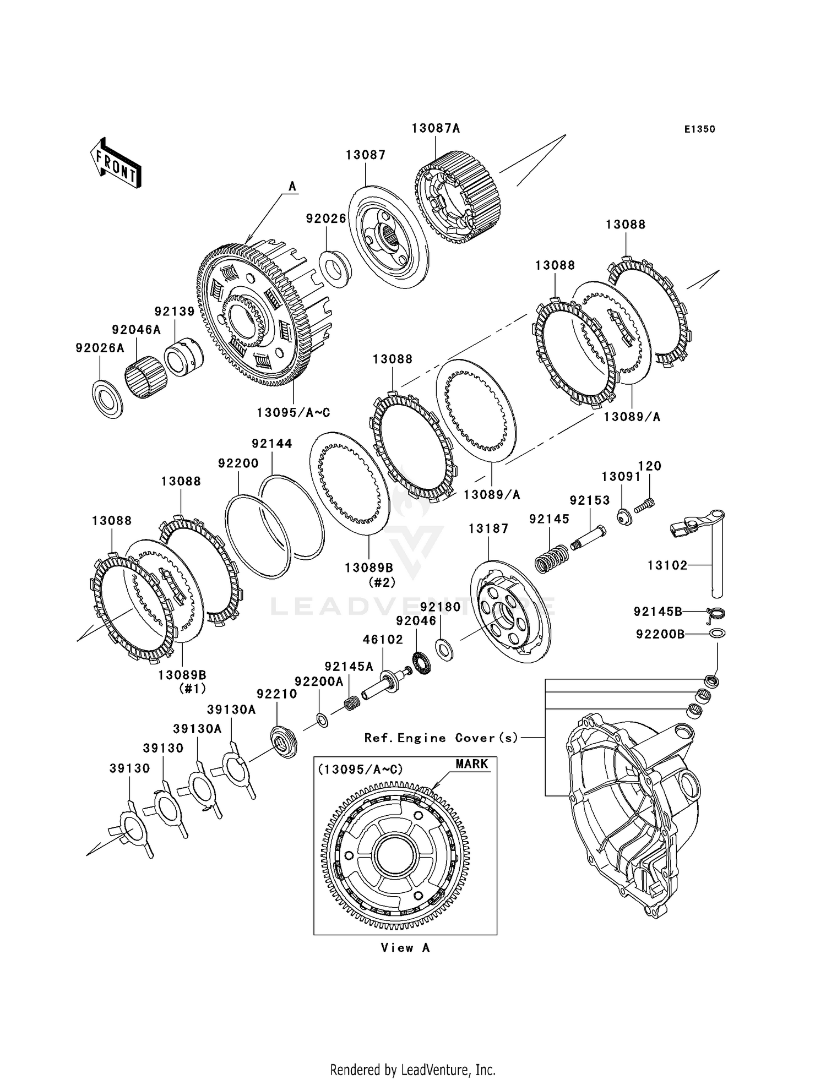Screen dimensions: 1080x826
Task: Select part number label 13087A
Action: (x=436, y=128)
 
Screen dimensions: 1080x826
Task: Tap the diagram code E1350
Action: (x=699, y=129)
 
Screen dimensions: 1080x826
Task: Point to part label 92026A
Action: (x=100, y=348)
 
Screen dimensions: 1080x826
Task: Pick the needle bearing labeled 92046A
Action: (x=146, y=379)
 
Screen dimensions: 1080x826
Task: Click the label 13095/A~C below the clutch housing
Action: (x=294, y=412)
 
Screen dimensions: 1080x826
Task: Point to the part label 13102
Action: (x=667, y=565)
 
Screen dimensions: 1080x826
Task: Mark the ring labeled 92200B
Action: (x=718, y=634)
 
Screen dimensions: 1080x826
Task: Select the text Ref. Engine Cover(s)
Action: (x=441, y=738)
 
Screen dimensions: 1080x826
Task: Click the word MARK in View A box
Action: (x=472, y=764)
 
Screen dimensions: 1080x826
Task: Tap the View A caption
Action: (x=405, y=948)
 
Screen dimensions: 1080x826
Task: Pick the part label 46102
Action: (x=383, y=640)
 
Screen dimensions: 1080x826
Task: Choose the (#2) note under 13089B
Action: (x=382, y=582)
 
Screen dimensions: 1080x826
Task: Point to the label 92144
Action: (x=272, y=443)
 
